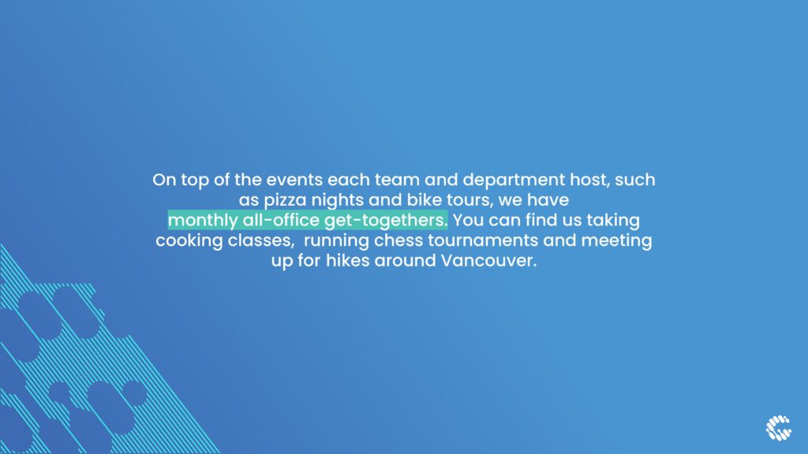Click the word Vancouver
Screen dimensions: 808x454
point(488,260)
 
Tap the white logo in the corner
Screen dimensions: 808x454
point(778,428)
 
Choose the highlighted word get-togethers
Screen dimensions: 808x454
point(386,221)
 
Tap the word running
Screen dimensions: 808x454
point(336,241)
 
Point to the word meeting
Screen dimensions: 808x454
point(616,241)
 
